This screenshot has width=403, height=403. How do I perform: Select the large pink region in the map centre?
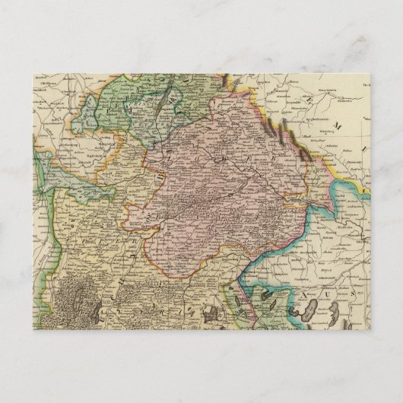(x=221, y=182)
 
